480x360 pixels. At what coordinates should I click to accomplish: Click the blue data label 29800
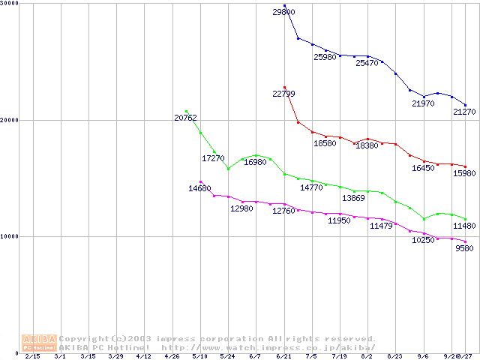(284, 12)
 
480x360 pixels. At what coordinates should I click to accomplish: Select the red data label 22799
(283, 94)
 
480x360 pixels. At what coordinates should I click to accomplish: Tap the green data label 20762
(185, 118)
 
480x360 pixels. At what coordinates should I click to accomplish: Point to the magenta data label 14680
(199, 188)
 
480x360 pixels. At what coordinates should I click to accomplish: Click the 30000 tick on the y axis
(10, 4)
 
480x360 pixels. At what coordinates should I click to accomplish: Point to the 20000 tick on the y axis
(10, 120)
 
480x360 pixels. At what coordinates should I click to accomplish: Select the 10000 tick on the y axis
(10, 236)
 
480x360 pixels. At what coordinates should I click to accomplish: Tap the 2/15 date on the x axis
(32, 356)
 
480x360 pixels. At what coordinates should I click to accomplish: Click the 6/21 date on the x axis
(283, 356)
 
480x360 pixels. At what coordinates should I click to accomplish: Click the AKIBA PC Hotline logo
(39, 343)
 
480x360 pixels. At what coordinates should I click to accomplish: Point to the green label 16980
(256, 162)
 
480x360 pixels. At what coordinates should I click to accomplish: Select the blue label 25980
(325, 57)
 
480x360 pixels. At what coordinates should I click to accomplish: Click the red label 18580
(325, 143)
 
